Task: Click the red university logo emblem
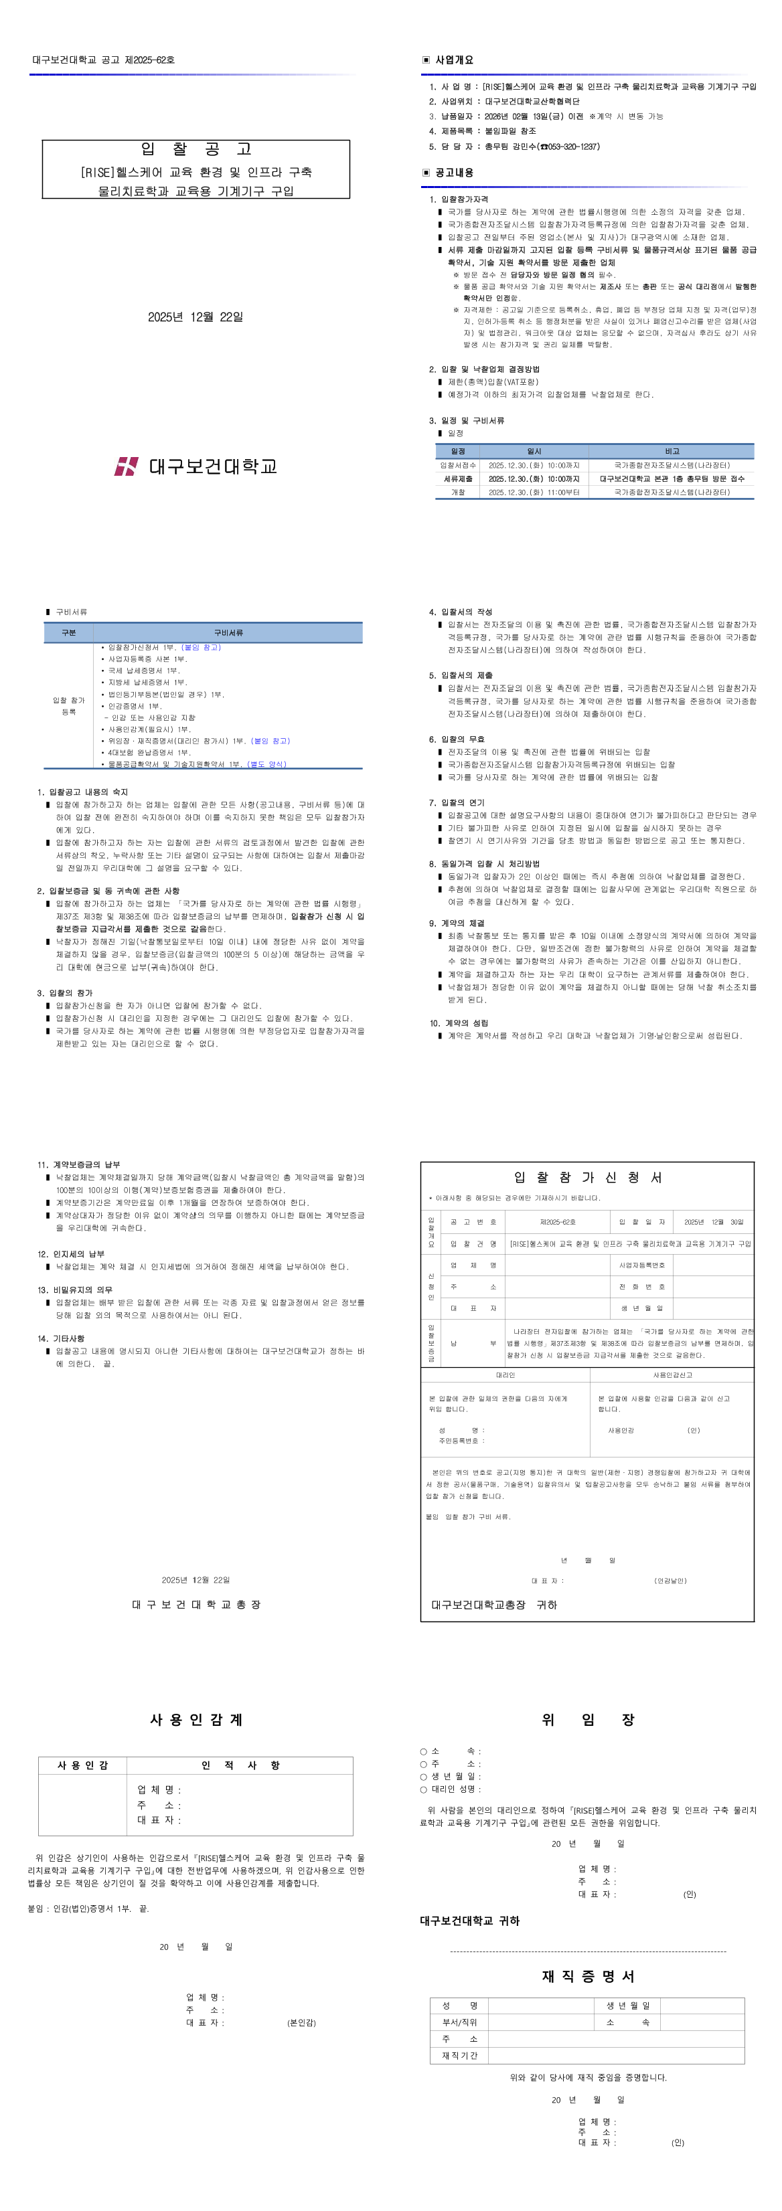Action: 126,466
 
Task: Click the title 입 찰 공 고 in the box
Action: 195,149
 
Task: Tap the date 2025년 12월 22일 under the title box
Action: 195,317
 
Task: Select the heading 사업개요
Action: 453,60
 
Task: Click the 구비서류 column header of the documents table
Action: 228,632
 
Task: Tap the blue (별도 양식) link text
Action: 267,764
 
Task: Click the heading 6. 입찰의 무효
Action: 457,739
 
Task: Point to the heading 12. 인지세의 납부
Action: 70,1254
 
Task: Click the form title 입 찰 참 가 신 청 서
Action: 587,1178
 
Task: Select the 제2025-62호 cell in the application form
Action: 557,1221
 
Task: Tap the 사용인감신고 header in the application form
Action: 672,1375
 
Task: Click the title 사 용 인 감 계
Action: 195,1719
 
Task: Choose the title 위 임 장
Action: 588,1719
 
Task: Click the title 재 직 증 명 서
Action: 588,1976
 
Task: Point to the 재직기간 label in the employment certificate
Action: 459,2055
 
